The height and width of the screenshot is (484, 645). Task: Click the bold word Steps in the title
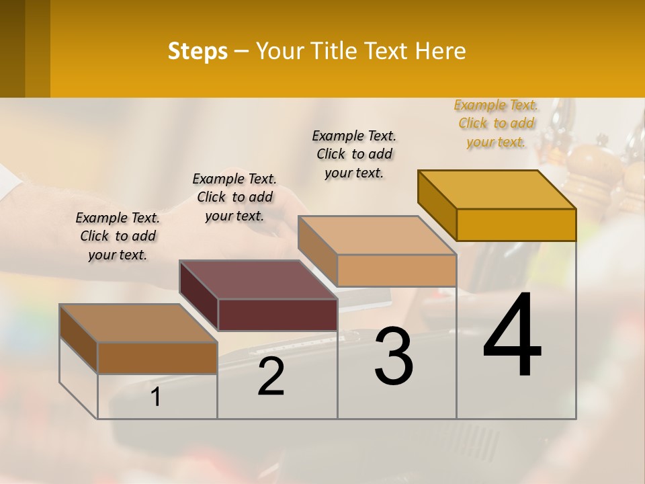click(198, 51)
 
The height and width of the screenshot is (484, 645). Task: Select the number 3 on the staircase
click(394, 356)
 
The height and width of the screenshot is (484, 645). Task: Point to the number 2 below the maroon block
click(271, 376)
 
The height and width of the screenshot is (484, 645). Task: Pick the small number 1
click(156, 397)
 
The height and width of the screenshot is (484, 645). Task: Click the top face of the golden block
click(497, 189)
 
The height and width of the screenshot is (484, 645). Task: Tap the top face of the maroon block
click(258, 279)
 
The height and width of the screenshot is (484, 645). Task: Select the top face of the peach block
click(378, 235)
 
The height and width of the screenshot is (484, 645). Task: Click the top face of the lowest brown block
click(138, 323)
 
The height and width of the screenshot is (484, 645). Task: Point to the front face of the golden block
click(516, 225)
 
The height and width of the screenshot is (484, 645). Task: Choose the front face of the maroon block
click(277, 315)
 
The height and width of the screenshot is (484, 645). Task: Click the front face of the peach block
click(396, 270)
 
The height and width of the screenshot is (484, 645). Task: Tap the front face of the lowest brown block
click(157, 358)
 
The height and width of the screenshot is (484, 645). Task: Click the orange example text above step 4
click(496, 123)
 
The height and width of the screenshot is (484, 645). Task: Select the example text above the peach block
click(354, 154)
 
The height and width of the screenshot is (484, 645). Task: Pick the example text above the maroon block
click(234, 197)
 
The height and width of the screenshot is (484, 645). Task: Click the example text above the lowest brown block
click(118, 236)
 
